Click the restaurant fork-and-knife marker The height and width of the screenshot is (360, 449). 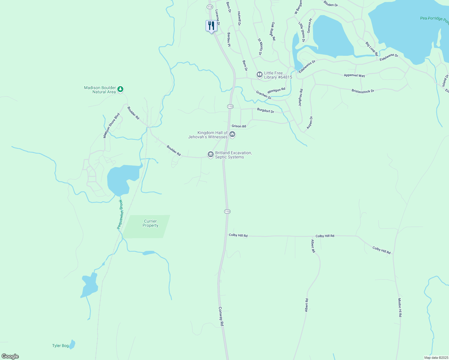(211, 26)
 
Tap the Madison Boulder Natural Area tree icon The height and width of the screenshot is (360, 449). (120, 89)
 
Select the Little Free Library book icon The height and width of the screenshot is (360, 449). (259, 74)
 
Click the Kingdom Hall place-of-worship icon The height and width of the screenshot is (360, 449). (232, 134)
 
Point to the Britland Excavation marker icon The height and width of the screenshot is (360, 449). (211, 154)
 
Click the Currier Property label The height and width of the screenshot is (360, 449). (150, 223)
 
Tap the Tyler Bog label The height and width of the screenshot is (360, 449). (61, 346)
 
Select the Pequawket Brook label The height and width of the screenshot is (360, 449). (120, 214)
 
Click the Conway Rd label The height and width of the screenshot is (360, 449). (221, 316)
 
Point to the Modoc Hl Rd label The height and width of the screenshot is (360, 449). (400, 307)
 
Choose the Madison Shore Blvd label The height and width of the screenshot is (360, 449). (111, 125)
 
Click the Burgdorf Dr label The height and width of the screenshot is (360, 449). (266, 111)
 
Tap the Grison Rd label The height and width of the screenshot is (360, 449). (239, 126)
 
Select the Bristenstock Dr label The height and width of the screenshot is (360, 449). (363, 91)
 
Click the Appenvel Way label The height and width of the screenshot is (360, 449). (354, 75)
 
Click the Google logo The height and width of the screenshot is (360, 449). (10, 356)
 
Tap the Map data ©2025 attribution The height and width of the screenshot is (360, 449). (436, 358)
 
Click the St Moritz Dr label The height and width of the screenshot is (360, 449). (260, 46)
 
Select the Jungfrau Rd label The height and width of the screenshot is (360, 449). (301, 97)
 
